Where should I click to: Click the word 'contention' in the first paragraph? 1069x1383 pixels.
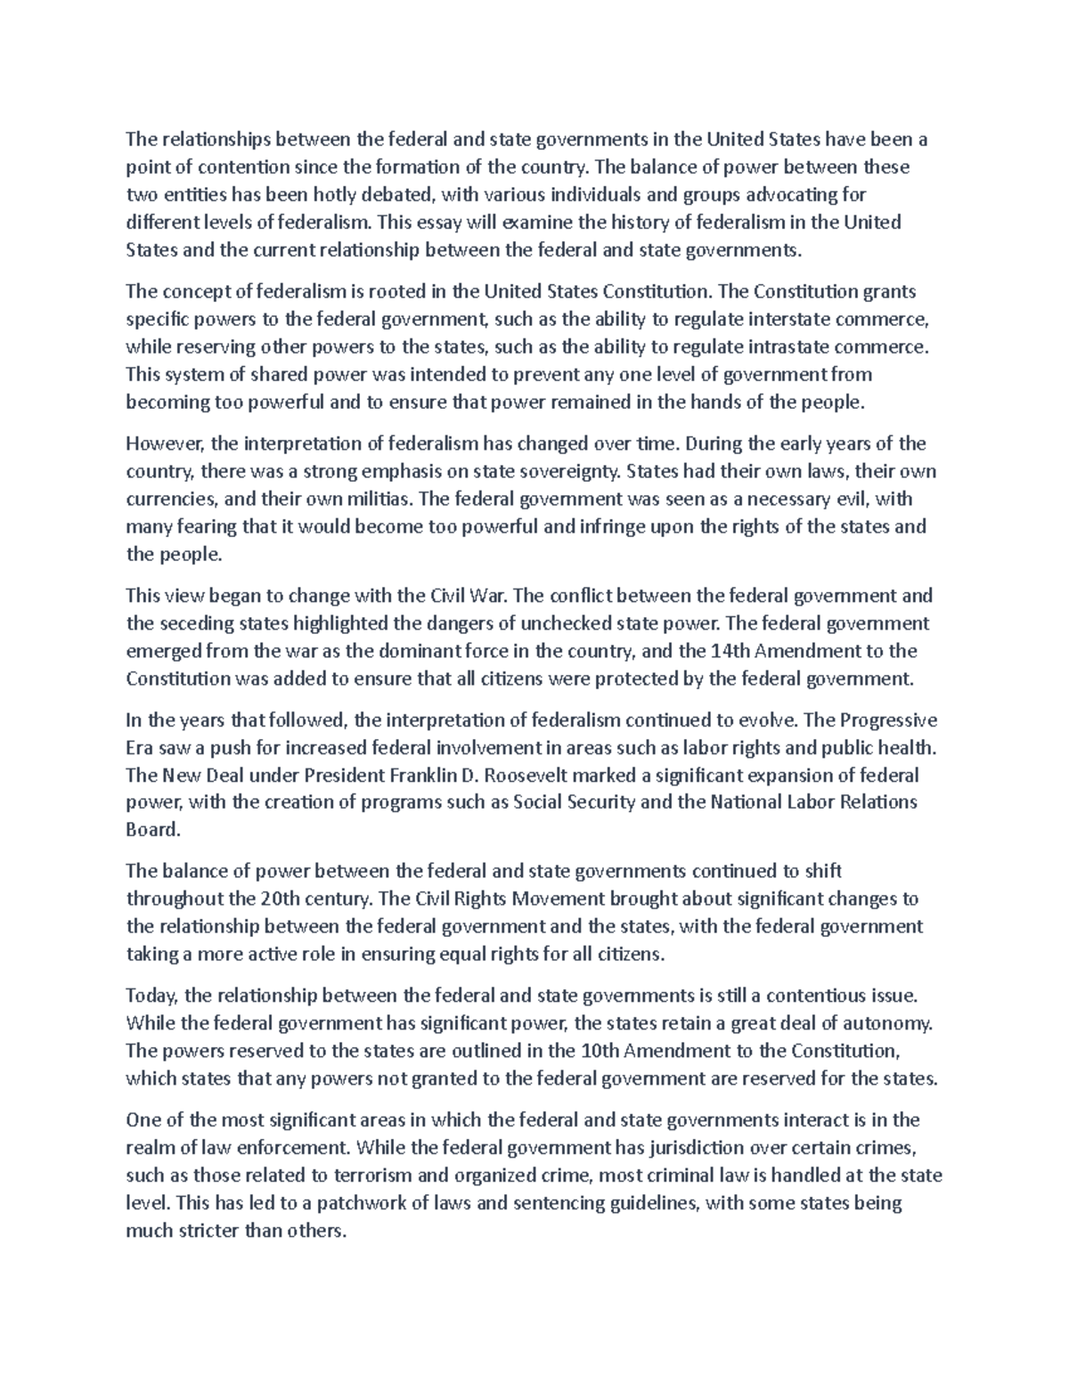[x=244, y=167]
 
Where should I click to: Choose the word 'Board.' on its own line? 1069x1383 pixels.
[x=153, y=830]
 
